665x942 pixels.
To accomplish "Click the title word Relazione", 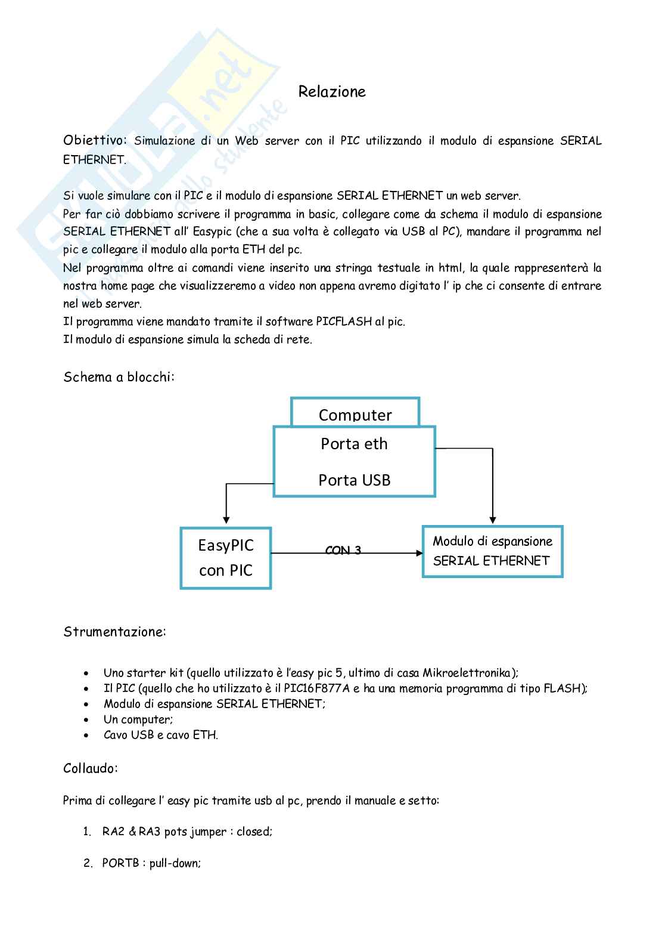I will point(332,92).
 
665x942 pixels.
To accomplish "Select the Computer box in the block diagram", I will point(355,414).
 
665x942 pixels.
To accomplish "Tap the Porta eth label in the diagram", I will point(354,444).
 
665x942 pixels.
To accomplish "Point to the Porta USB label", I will point(354,480).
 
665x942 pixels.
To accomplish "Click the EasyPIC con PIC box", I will point(226,558).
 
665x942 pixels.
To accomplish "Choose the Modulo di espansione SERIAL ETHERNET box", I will point(492,551).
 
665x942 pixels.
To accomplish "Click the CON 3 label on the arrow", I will point(343,551).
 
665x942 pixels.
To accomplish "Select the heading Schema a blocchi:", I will point(119,377).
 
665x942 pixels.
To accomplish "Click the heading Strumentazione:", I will point(114,632).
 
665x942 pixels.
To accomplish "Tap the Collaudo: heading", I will point(91,768).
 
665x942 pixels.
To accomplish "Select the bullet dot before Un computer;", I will point(88,720).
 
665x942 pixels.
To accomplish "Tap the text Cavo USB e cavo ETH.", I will point(161,735).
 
